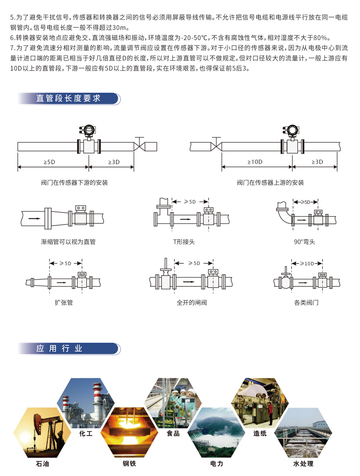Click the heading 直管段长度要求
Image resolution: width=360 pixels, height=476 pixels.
pyautogui.click(x=68, y=98)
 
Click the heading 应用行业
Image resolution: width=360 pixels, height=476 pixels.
pyautogui.click(x=60, y=348)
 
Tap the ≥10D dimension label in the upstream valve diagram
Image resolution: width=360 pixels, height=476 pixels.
pyautogui.click(x=255, y=162)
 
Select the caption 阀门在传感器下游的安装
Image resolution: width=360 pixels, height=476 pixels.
pyautogui.click(x=75, y=183)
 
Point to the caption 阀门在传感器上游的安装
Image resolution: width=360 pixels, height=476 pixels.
pyautogui.click(x=270, y=183)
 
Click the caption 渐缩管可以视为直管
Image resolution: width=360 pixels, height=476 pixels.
pyautogui.click(x=68, y=242)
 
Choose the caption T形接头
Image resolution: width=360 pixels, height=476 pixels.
pyautogui.click(x=184, y=242)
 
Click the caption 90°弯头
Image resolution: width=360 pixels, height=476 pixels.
pyautogui.click(x=305, y=242)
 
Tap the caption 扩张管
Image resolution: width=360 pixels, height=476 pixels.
pyautogui.click(x=64, y=303)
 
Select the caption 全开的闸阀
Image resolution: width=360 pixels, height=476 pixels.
pyautogui.click(x=192, y=303)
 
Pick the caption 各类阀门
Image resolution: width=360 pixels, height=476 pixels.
pyautogui.click(x=306, y=303)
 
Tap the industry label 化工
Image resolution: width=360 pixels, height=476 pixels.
pyautogui.click(x=86, y=434)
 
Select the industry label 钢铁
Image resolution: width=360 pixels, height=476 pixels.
pyautogui.click(x=129, y=464)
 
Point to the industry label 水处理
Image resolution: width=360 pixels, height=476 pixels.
pyautogui.click(x=303, y=464)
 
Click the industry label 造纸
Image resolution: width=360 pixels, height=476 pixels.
pyautogui.click(x=260, y=434)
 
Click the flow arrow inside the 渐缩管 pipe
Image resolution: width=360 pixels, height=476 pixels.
pyautogui.click(x=35, y=218)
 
